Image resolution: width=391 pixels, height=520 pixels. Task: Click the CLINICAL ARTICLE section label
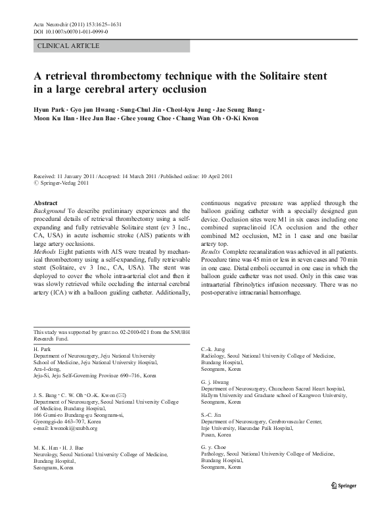tap(69, 46)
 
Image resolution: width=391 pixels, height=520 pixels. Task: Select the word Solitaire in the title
tap(273, 75)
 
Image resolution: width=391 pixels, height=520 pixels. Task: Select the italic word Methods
tap(45, 251)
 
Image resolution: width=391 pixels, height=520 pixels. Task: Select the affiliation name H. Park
tap(43, 348)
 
